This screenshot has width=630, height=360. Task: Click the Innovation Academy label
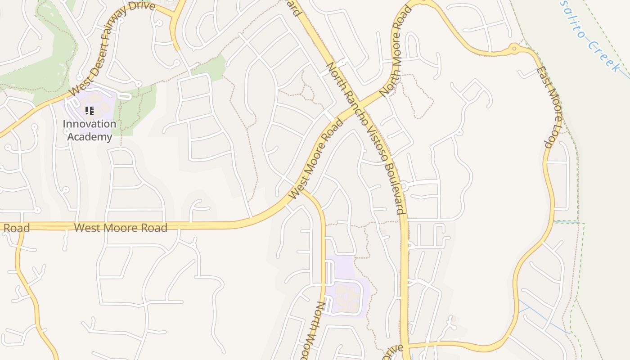[x=89, y=130]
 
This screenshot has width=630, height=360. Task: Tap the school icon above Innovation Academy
[x=89, y=110]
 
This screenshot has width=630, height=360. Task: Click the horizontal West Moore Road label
[x=121, y=228]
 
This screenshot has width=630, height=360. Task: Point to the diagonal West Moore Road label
[x=315, y=159]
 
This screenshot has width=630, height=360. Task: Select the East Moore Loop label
[x=550, y=107]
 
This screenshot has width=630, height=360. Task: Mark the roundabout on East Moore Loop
[x=514, y=48]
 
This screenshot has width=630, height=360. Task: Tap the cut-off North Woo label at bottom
[x=315, y=331]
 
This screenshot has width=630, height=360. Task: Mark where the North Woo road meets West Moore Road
[x=301, y=189]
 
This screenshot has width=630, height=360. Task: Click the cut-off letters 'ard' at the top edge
[x=295, y=7]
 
